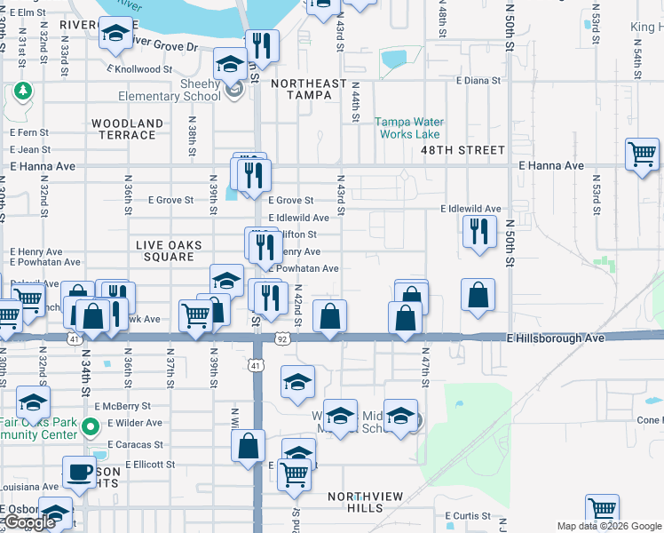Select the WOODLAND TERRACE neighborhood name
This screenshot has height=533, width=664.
[127, 129]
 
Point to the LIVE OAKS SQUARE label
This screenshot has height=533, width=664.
[169, 251]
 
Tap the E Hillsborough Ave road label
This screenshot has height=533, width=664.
[556, 338]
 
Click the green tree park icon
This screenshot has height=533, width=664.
[22, 91]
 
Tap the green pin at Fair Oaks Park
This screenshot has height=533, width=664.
[89, 429]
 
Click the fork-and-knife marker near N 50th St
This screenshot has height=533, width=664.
[479, 231]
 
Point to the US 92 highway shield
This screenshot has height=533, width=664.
[281, 338]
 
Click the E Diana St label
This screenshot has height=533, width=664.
[478, 80]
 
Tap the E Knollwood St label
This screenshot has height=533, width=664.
[139, 68]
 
